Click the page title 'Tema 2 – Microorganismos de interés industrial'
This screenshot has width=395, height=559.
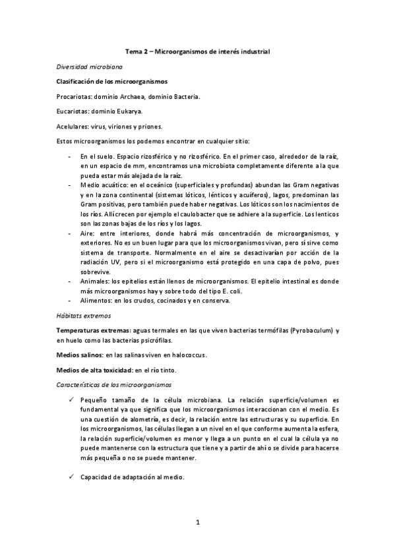(198, 51)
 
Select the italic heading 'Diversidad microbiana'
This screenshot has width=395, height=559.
(87, 67)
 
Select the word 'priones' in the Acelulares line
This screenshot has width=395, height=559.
(158, 127)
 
